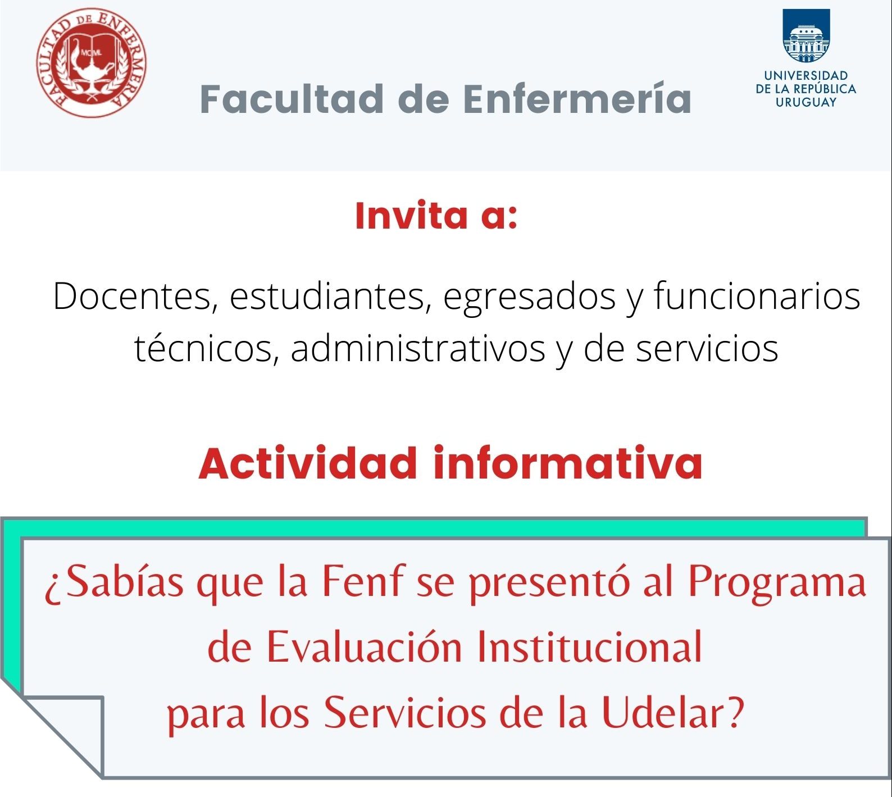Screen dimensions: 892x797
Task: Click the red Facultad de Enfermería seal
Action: coord(92,62)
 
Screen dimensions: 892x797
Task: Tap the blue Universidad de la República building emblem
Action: coord(806,35)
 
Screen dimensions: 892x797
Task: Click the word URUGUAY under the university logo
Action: coord(806,102)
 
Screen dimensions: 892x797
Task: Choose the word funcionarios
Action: coord(757,296)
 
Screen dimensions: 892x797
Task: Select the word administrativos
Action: coord(418,348)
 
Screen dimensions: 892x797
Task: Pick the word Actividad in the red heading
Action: coord(307,463)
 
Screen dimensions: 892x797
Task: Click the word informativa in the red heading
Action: coord(568,463)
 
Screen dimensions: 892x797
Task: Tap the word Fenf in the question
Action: coord(362,581)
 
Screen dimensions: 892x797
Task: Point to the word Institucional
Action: coord(590,646)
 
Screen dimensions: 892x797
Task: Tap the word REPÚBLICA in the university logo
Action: coord(825,89)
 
